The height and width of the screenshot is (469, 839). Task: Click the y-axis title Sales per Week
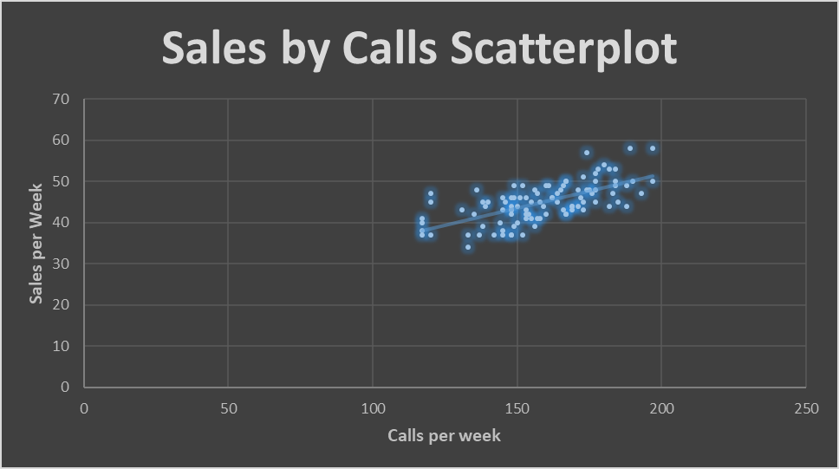tap(36, 243)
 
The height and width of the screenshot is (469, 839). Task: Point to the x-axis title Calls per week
tap(444, 435)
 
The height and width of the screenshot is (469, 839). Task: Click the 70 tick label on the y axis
tap(61, 99)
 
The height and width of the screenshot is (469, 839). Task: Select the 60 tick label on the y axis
tap(61, 140)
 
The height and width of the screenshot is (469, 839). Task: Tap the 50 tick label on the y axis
tap(61, 181)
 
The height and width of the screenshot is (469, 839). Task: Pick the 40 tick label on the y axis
tap(61, 223)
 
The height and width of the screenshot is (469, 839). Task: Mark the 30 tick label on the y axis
tap(61, 264)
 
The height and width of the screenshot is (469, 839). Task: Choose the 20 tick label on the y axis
tap(61, 305)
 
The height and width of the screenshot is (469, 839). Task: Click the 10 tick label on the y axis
tap(61, 346)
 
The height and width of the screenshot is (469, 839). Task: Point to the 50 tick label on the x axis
tap(228, 407)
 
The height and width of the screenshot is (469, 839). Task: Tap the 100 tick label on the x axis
tap(373, 407)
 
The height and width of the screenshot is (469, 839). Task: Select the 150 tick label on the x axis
tap(517, 407)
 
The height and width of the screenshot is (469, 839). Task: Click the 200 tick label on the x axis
tap(662, 407)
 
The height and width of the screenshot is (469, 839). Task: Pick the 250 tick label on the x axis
tap(806, 407)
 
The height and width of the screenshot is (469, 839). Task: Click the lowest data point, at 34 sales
tap(468, 247)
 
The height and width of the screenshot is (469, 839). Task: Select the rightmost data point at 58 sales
tap(653, 148)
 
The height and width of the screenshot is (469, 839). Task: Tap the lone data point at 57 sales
tap(587, 153)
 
